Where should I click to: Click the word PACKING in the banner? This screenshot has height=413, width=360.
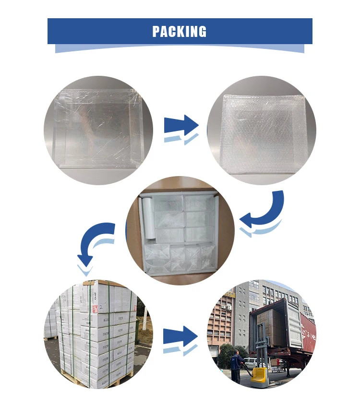coord(180,32)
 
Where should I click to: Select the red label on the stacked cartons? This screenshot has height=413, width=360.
coord(95,308)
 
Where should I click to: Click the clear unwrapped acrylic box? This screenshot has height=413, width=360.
coord(98,130)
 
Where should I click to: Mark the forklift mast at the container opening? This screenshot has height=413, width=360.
coord(262,345)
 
